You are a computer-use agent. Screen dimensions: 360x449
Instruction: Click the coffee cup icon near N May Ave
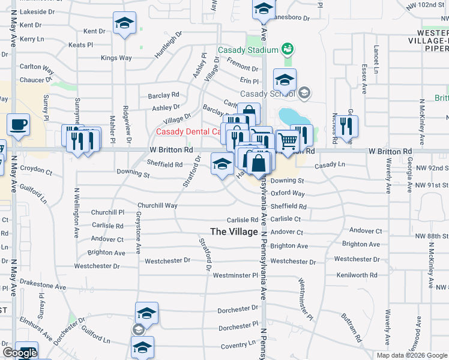pyautogui.click(x=18, y=125)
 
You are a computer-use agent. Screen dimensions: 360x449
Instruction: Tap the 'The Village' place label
pyautogui.click(x=234, y=232)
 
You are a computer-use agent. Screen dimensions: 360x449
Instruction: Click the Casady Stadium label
pyautogui.click(x=248, y=50)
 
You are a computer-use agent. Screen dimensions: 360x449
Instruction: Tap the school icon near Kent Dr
pyautogui.click(x=124, y=25)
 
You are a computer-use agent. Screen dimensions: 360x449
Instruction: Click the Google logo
pyautogui.click(x=20, y=353)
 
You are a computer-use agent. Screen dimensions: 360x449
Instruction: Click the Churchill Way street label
pyautogui.click(x=157, y=205)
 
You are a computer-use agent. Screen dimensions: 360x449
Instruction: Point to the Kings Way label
pyautogui.click(x=116, y=58)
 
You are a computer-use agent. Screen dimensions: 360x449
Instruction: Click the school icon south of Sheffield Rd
pyautogui.click(x=222, y=163)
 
